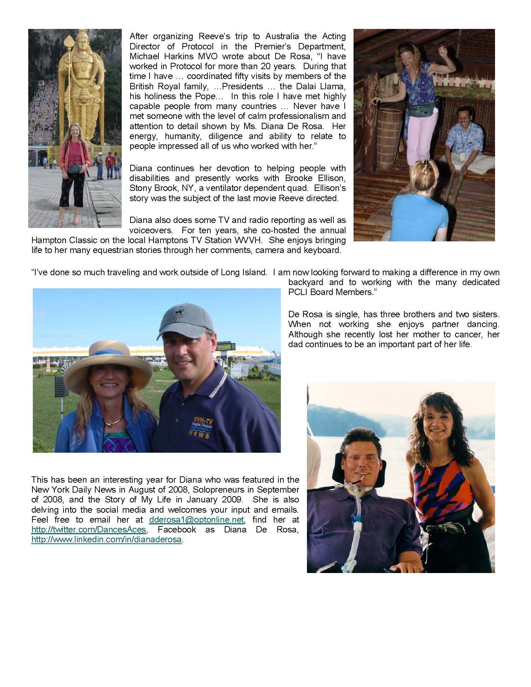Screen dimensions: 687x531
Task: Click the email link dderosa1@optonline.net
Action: (196, 520)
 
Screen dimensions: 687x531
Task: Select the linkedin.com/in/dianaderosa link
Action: (107, 540)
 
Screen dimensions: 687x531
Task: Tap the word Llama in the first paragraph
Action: (333, 86)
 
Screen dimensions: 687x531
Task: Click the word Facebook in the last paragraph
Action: (177, 530)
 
